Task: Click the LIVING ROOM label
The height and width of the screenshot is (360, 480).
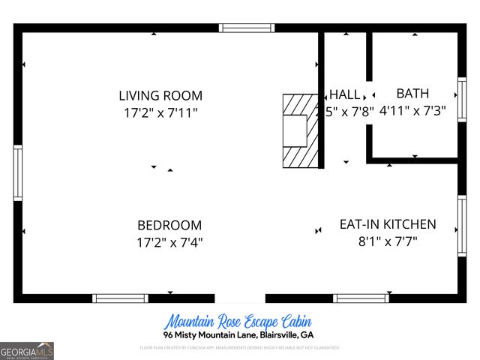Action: point(160,95)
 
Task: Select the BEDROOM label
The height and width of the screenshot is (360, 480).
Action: point(169,225)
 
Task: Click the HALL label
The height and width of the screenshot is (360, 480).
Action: point(345,94)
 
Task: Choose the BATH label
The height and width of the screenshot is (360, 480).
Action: point(412,94)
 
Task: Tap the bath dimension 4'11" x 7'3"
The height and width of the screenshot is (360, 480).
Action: point(412,110)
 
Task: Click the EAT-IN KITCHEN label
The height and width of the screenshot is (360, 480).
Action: point(387,224)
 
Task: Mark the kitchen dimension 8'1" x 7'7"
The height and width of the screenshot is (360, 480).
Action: point(387,241)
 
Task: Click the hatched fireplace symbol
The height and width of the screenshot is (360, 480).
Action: point(298,130)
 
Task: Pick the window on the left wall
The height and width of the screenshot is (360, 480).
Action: point(18,172)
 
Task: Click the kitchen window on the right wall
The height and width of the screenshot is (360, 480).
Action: point(462,225)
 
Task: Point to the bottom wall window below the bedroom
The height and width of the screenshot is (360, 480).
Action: point(120,298)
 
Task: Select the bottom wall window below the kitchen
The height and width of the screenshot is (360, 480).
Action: point(361,298)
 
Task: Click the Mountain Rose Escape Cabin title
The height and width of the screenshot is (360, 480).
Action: point(238,321)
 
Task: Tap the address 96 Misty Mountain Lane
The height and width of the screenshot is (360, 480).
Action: point(238,334)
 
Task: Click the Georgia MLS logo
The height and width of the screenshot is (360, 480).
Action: point(27,350)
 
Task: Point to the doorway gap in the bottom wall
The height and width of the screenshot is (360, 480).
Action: point(240,298)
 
